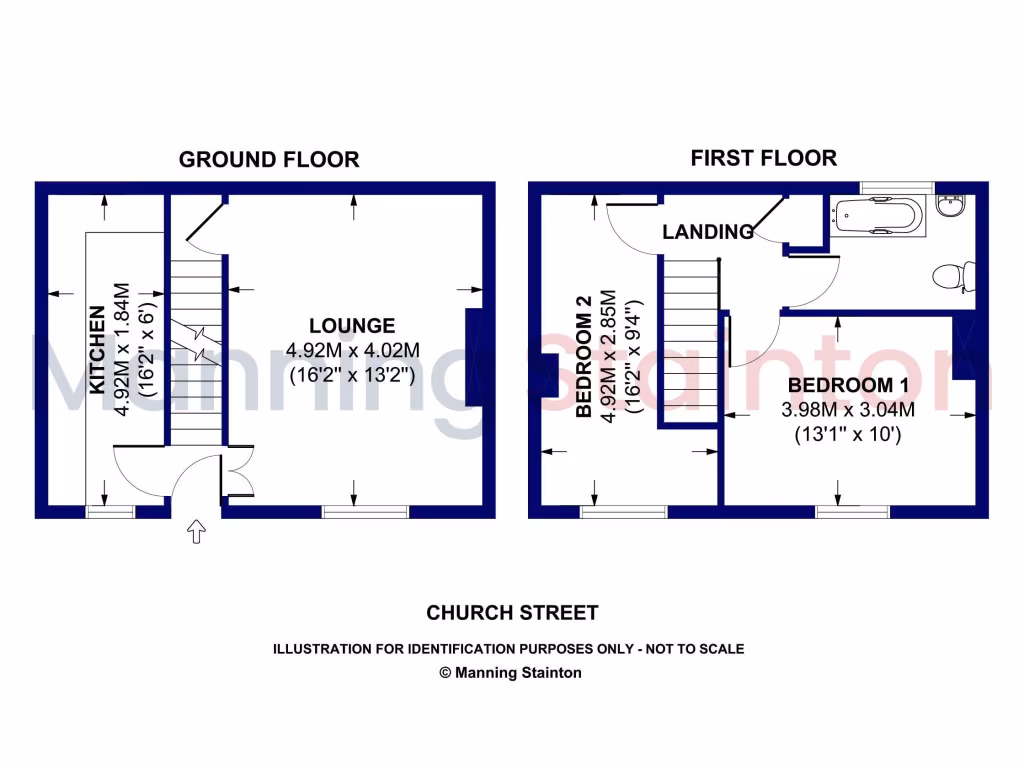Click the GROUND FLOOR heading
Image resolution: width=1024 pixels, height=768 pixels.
[x=268, y=160]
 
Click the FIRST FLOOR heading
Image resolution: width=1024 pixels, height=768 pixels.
[x=764, y=158]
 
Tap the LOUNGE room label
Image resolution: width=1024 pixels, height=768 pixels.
[x=351, y=326]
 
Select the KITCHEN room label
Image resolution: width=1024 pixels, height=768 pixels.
[x=97, y=350]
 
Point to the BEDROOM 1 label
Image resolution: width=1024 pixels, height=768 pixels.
[x=840, y=386]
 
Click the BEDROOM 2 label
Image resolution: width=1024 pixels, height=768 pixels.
[x=585, y=357]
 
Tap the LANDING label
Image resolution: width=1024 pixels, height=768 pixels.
[x=707, y=232]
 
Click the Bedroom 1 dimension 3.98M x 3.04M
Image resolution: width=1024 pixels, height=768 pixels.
[x=848, y=410]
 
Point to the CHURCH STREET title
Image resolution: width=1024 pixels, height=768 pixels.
[x=512, y=613]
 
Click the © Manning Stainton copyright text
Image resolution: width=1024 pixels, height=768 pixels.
[x=511, y=673]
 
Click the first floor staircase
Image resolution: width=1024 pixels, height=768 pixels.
[x=688, y=340]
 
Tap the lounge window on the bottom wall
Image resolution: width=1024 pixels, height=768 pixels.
[x=365, y=512]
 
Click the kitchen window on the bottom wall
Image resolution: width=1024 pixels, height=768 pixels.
[x=110, y=512]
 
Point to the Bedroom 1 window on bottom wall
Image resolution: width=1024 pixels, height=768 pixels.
[x=852, y=512]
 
